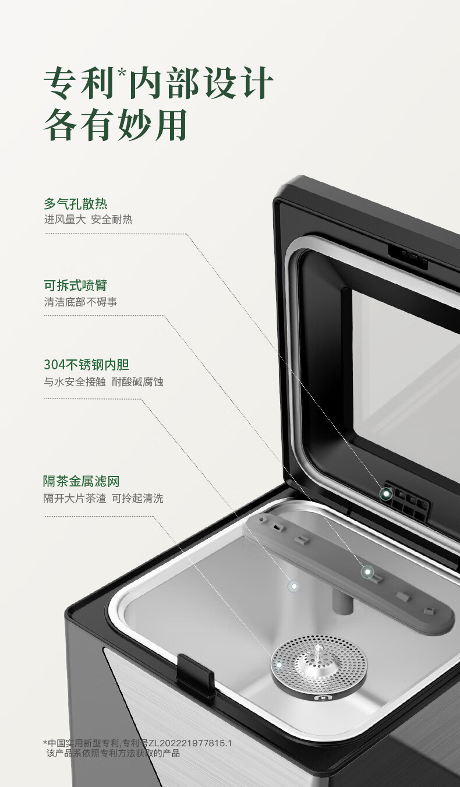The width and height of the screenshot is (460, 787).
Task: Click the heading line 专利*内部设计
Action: tap(158, 83)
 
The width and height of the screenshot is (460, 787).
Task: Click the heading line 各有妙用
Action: tap(115, 125)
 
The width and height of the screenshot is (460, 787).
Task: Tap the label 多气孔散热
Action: tap(76, 204)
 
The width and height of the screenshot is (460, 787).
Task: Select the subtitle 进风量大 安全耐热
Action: tap(88, 220)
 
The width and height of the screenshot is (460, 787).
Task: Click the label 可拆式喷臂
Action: tap(76, 285)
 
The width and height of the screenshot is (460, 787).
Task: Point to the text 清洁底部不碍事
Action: tap(80, 302)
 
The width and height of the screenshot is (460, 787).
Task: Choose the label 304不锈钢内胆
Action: tap(86, 365)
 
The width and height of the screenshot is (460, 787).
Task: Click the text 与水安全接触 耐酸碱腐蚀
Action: tap(104, 382)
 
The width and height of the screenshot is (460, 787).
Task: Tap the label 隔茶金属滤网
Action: tap(82, 481)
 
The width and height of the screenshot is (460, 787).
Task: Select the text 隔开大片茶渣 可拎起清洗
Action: tap(104, 498)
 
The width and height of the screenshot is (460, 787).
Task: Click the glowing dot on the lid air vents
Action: tap(387, 493)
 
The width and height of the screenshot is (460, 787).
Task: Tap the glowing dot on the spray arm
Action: tap(367, 572)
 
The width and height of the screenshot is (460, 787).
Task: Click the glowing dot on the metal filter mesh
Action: tap(279, 665)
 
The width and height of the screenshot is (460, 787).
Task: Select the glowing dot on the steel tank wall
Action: tap(294, 586)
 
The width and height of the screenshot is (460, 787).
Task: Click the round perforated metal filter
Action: tap(319, 662)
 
